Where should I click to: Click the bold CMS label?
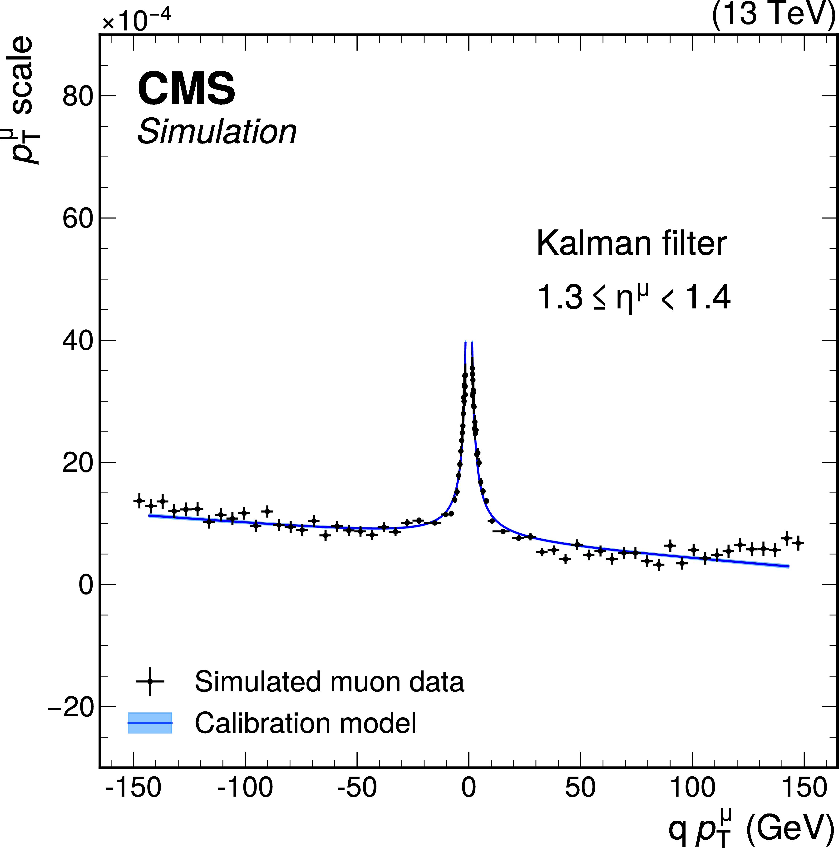pos(187,89)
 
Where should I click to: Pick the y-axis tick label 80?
pos(78,96)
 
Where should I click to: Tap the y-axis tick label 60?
pos(78,218)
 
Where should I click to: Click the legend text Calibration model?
pos(306,723)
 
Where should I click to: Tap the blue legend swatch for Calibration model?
pos(150,723)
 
